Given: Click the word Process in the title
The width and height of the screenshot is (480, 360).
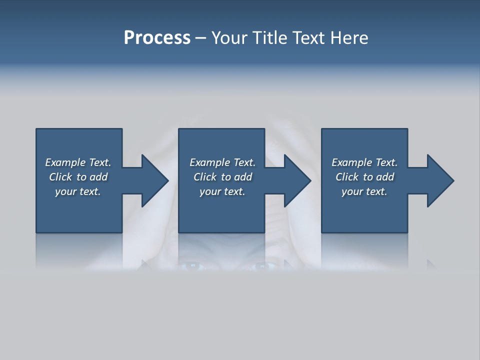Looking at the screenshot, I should (157, 38).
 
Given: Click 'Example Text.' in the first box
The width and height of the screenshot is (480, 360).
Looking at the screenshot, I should (78, 162).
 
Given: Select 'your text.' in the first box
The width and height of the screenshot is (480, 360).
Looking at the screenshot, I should (78, 191).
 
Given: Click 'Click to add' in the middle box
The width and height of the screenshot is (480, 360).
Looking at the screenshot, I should (222, 177).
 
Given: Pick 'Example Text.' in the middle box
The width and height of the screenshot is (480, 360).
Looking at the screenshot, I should (222, 162).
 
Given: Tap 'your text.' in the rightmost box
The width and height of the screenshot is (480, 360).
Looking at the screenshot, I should (364, 191).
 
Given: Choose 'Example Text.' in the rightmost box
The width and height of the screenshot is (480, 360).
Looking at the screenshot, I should (364, 162).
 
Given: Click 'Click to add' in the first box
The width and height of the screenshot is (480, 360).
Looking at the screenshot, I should (78, 177).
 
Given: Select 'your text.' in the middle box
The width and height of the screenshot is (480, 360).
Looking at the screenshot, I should (222, 191).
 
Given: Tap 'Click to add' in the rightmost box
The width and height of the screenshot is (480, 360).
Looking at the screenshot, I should (364, 177).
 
